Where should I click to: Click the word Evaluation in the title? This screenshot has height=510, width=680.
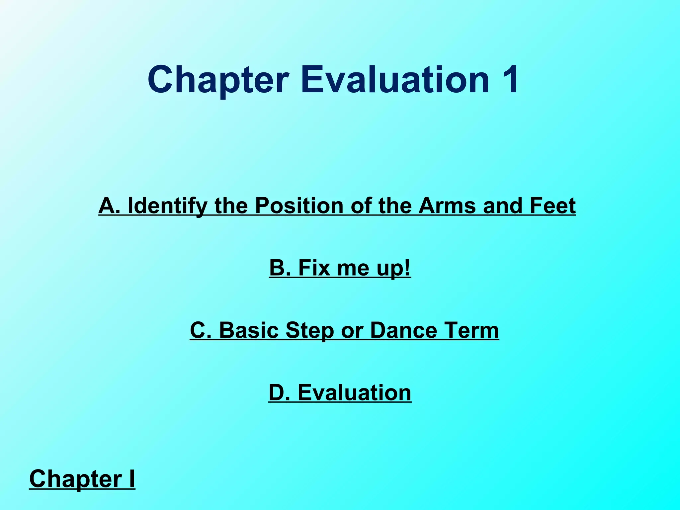point(395,80)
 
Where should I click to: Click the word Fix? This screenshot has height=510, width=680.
point(314,268)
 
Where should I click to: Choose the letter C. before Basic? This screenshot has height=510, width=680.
point(201,330)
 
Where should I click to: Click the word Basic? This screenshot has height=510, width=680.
point(249,330)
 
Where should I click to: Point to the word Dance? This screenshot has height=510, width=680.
point(403,330)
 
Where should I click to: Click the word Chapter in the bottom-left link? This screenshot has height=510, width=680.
point(76,479)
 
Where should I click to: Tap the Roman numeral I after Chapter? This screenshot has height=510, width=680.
point(132,478)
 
